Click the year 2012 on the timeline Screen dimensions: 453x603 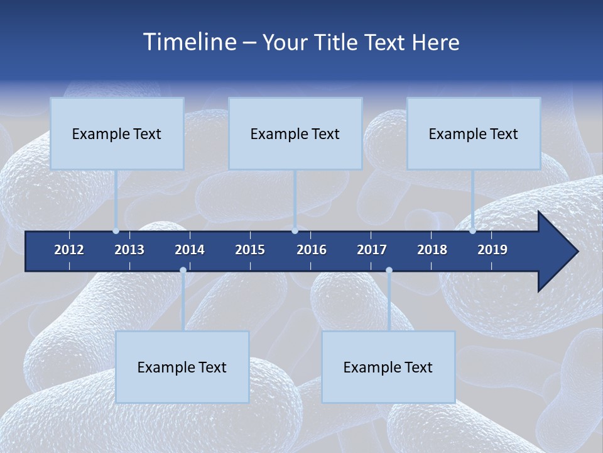coord(69,250)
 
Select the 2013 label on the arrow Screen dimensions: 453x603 coord(129,250)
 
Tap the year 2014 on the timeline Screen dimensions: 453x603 coord(190,250)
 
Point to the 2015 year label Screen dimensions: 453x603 coord(250,250)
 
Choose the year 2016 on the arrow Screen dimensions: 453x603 coord(312,250)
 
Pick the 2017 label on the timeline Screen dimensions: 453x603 coord(372,250)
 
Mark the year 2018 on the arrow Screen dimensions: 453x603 coord(432,250)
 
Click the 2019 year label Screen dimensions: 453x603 coord(492,250)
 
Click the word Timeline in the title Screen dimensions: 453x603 coord(189,42)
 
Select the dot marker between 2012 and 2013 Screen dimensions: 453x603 coord(116,231)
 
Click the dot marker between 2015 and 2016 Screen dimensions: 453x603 coord(295,231)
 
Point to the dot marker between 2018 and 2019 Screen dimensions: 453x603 coord(473,231)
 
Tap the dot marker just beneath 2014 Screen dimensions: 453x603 coord(183,271)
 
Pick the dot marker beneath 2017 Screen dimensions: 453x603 coord(389,271)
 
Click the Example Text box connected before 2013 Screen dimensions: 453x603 coord(117,133)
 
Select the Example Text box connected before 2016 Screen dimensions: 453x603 coord(295,133)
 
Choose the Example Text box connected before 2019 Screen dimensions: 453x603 coord(474,133)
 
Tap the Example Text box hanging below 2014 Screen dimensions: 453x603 coord(182,367)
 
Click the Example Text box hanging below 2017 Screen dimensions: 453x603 coord(388,367)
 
